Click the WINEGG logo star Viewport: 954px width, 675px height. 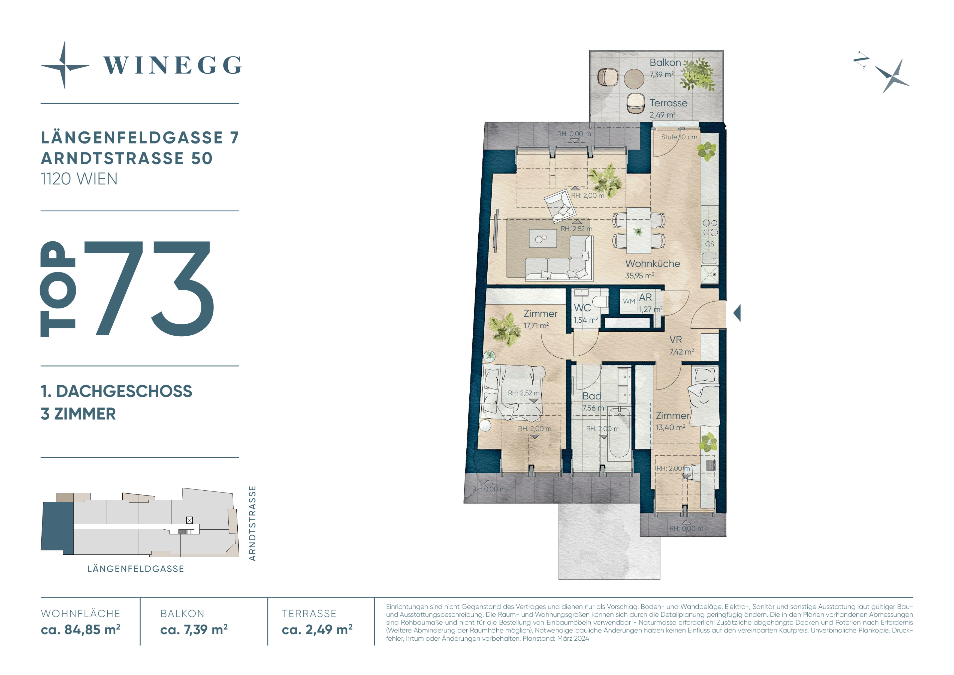click(x=64, y=65)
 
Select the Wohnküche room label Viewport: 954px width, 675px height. click(x=652, y=263)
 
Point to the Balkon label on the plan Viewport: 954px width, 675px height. click(x=665, y=62)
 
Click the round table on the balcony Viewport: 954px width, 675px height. click(x=634, y=79)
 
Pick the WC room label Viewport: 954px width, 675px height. click(x=582, y=308)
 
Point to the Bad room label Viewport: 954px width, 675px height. click(x=592, y=396)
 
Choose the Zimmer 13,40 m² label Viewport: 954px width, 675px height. click(x=672, y=421)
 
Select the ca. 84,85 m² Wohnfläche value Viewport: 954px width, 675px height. click(x=81, y=630)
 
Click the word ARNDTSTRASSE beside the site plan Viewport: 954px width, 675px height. click(x=252, y=523)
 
